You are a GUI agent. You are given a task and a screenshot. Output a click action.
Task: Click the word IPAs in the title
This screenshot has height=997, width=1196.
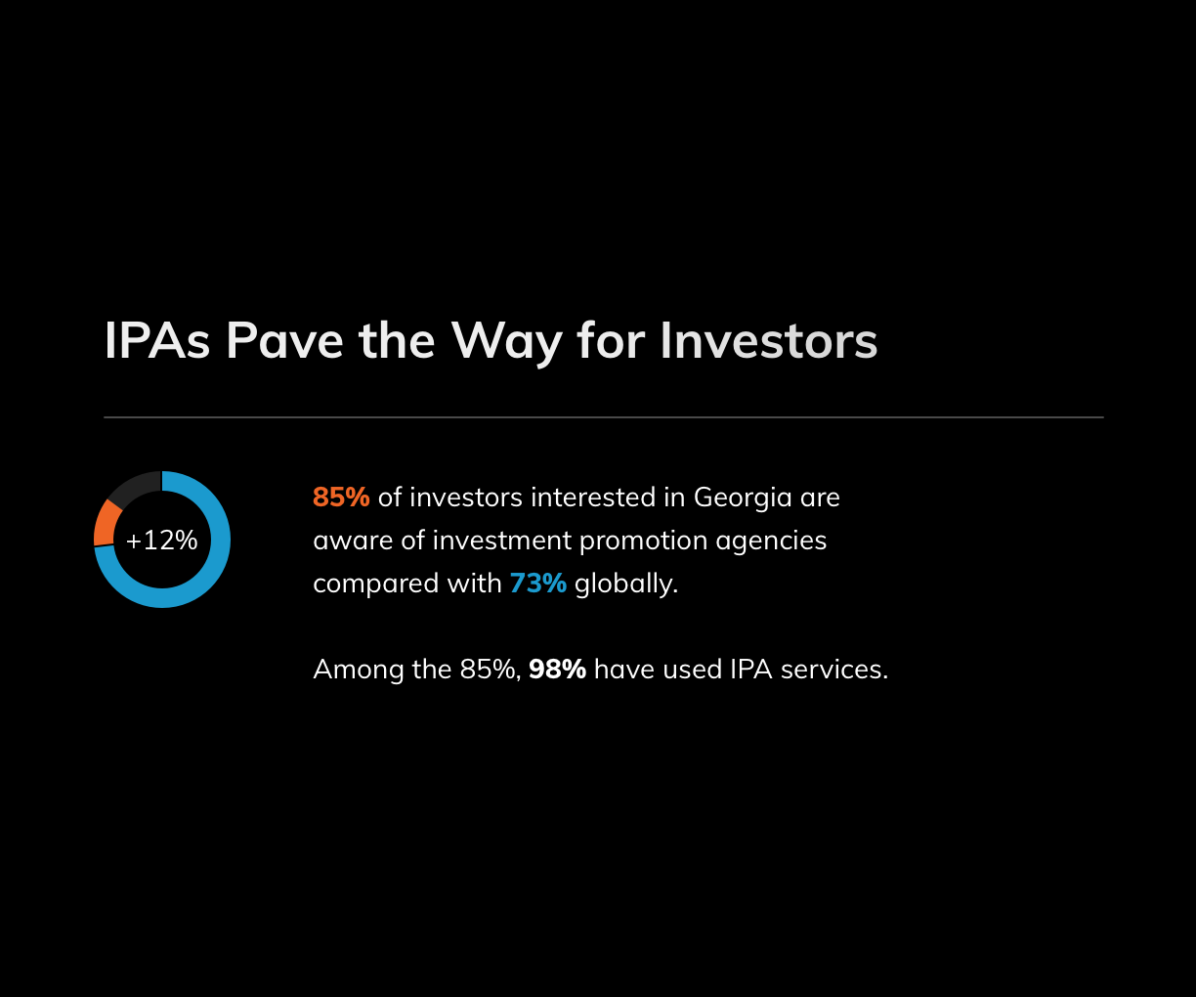tap(157, 341)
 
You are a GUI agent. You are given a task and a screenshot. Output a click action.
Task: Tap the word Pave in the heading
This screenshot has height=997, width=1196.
tap(284, 341)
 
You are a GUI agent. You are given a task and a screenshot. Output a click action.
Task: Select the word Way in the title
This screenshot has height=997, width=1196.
tap(506, 343)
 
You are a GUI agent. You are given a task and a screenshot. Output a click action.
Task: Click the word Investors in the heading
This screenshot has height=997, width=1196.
tap(769, 341)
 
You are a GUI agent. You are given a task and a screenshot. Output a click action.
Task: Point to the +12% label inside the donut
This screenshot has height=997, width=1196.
tap(161, 541)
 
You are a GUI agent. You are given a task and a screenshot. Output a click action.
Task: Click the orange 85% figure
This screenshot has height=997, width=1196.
tap(341, 498)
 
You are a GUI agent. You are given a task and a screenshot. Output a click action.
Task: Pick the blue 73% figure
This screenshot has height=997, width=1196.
tap(537, 584)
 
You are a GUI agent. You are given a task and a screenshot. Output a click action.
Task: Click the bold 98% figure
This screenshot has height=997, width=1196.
tap(557, 670)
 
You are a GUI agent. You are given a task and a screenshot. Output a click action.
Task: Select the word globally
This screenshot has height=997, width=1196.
tap(626, 585)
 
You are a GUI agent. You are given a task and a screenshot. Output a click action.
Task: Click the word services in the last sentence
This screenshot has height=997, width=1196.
tap(834, 670)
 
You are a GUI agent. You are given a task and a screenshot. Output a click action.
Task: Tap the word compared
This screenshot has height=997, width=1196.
tap(376, 585)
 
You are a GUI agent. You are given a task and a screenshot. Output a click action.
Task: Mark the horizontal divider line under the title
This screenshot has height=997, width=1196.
tap(604, 417)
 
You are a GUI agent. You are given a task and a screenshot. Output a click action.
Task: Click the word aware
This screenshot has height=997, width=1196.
tap(353, 542)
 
